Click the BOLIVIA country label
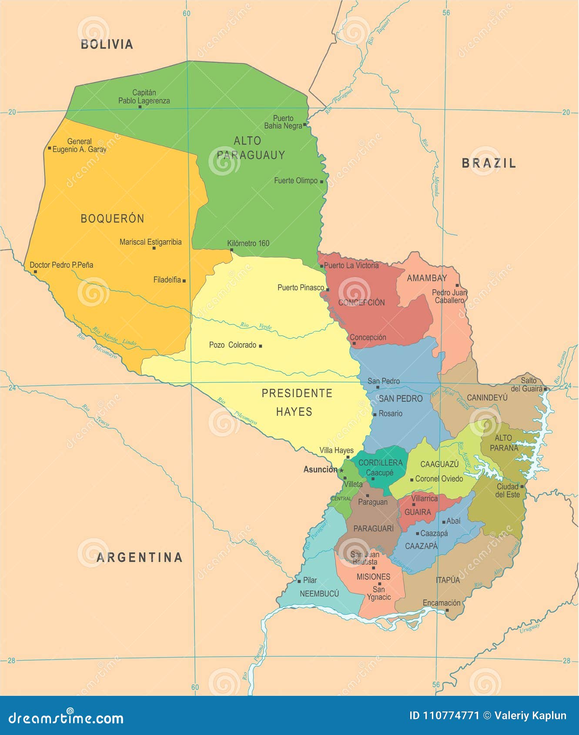[107, 44]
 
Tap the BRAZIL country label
[489, 163]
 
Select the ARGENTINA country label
[139, 557]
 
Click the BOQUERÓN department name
[112, 218]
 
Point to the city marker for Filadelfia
[184, 281]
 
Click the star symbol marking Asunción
[341, 471]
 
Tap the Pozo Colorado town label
[233, 345]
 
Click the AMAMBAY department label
[427, 278]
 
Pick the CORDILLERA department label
[381, 462]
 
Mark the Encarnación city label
[442, 603]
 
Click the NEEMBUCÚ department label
[319, 594]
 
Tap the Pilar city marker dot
[299, 581]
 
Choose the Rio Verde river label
[256, 326]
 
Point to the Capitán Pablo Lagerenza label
[144, 97]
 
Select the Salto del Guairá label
[527, 384]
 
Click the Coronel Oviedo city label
[439, 479]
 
